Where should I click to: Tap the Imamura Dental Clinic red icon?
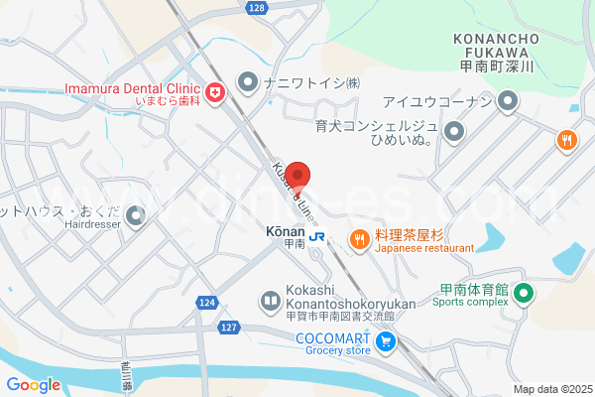[x=215, y=93]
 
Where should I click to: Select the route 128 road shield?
[x=257, y=8]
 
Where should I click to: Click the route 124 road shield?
[x=205, y=302]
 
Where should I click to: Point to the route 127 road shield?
[x=229, y=326]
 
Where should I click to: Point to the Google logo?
[x=33, y=385]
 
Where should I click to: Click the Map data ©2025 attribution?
[x=551, y=389]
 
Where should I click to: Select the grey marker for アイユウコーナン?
[x=508, y=101]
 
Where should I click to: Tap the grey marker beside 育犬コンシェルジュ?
[x=455, y=131]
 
